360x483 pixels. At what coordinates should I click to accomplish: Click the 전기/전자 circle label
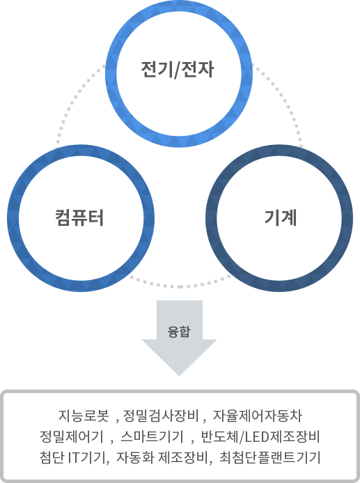point(177,71)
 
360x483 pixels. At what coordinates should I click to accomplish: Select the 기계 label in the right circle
point(281,217)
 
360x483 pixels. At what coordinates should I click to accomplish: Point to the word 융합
point(180,332)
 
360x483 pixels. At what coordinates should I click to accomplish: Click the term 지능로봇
point(84,417)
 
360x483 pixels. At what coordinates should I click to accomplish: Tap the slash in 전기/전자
point(177,71)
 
